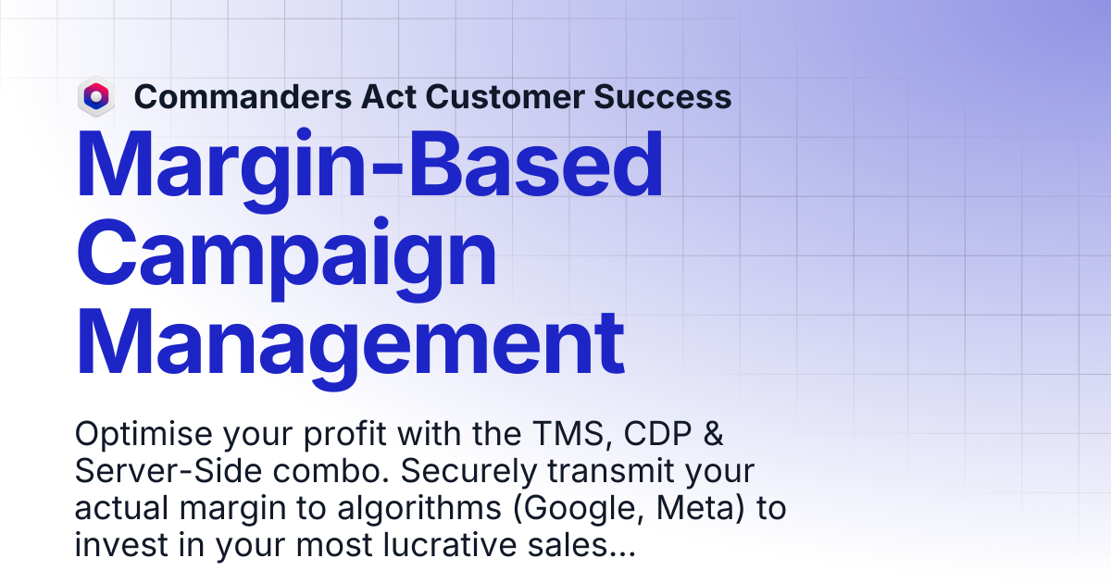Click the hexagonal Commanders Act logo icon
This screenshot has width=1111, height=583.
96,96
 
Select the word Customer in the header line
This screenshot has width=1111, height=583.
505,96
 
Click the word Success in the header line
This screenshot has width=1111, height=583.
663,96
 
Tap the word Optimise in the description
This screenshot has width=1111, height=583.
144,434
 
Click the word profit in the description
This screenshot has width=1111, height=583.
344,434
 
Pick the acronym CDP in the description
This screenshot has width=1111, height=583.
657,434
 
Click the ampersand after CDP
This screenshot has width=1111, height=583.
713,434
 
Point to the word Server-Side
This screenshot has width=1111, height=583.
169,471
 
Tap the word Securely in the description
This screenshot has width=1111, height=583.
468,472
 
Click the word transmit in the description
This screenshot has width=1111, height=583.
610,471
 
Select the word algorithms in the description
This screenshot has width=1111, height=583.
419,509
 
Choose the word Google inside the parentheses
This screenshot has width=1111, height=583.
579,509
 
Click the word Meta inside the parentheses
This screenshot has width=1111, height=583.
700,509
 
